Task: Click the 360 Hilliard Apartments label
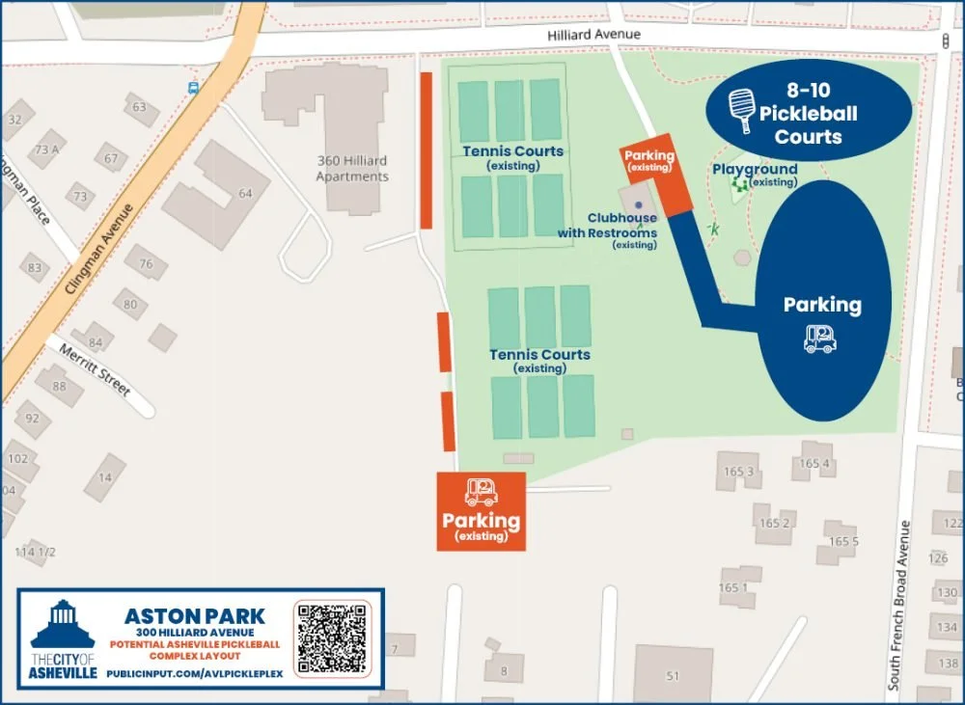coord(352,169)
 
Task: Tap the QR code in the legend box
coord(332,637)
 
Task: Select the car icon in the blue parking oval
coord(820,338)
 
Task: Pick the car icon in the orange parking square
coord(481,492)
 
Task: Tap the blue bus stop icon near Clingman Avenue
coord(193,88)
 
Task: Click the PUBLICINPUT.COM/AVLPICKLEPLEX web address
coord(195,672)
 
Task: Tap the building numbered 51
coord(674,675)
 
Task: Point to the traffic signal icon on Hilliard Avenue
coord(945,41)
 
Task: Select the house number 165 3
coord(736,472)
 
